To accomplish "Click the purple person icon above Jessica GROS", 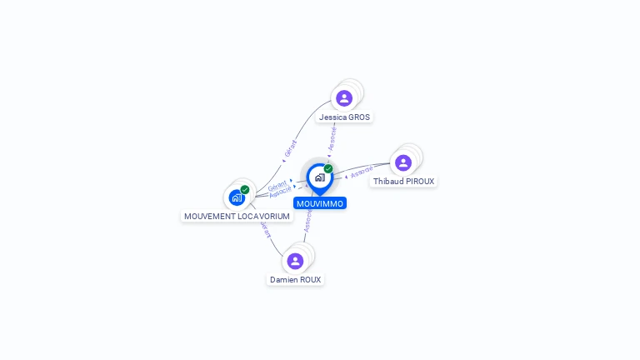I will point(344,98).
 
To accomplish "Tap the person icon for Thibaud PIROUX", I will point(403,162).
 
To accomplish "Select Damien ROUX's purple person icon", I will point(295,261).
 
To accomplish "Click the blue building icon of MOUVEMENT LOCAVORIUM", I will point(237,198).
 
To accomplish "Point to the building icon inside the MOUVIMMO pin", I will point(319,177).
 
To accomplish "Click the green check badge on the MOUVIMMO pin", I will point(328,169).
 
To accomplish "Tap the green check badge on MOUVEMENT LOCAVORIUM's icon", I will point(245,190).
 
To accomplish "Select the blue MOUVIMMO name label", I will point(319,203).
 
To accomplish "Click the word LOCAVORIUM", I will point(262,217).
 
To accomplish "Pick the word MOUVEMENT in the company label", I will point(208,217).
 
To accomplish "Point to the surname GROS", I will point(359,117).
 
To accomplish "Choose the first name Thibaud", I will point(387,182).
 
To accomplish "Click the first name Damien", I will point(283,280).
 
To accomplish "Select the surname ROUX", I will point(310,280).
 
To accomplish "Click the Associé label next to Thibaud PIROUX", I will point(362,172).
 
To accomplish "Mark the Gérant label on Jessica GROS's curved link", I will point(290,148).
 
